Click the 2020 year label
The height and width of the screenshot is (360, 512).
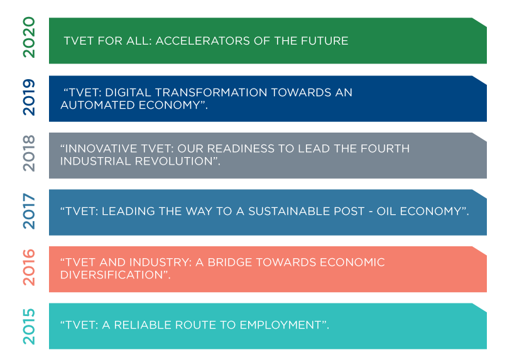point(29,37)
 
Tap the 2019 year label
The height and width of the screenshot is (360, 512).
point(29,97)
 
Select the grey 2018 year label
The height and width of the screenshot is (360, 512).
point(29,153)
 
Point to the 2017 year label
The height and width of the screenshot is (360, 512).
point(29,211)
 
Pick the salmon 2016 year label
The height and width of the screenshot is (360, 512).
point(29,267)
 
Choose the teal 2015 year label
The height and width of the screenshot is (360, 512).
point(29,326)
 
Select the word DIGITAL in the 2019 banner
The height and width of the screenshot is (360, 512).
point(128,92)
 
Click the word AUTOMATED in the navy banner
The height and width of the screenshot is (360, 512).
point(97,105)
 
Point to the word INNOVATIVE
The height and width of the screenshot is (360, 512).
point(101,149)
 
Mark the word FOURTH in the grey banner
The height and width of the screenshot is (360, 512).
point(385,149)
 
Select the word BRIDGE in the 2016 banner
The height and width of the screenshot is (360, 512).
point(230,263)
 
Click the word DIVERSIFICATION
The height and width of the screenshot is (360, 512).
point(111,275)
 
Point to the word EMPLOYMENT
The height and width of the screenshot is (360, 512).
point(280,325)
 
